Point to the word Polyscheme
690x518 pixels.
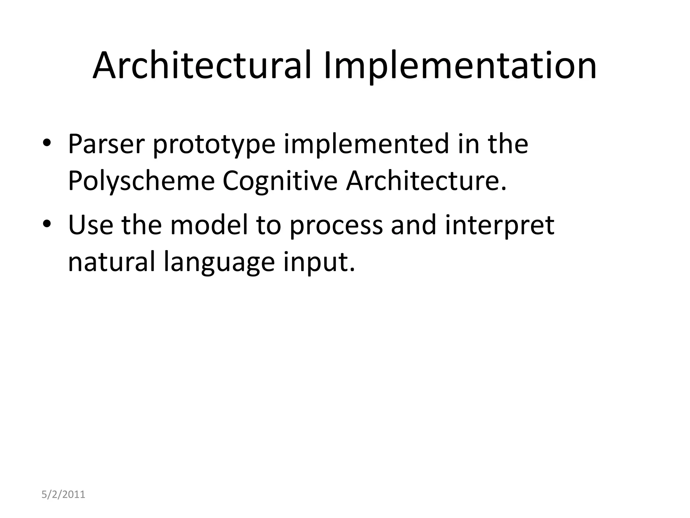[x=141, y=181]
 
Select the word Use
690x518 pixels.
[x=91, y=225]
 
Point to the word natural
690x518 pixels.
[x=112, y=262]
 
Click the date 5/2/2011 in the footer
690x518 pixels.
[x=63, y=494]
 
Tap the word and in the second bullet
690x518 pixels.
[x=413, y=225]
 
